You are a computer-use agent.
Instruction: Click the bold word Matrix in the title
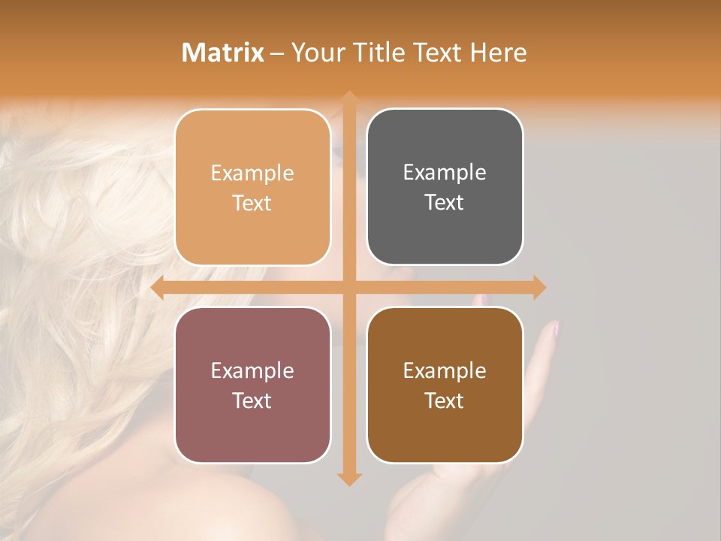[x=223, y=53]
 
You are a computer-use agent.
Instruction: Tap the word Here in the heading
[x=498, y=53]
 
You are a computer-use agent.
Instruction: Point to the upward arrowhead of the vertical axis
[x=349, y=98]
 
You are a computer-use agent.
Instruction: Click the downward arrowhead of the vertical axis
[x=349, y=479]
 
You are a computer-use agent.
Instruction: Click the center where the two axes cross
[x=349, y=288]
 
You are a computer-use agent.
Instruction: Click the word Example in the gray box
[x=445, y=173]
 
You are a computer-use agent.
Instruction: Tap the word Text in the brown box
[x=445, y=400]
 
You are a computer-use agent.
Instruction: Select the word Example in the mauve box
[x=252, y=370]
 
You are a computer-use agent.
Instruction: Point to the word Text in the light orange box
[x=252, y=203]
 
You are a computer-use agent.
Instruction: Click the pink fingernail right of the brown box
[x=555, y=328]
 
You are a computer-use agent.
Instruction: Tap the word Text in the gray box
[x=445, y=203]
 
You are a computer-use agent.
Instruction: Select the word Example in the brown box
[x=445, y=370]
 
